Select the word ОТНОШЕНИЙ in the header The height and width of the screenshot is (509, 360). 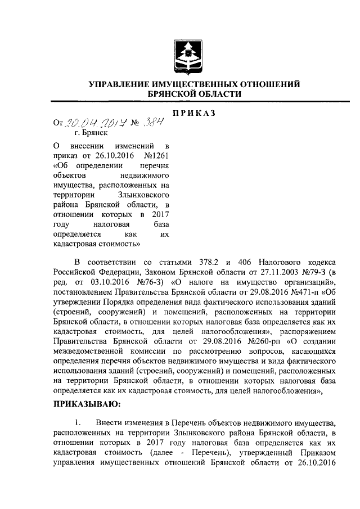262,84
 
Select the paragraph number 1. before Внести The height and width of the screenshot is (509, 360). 79,422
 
